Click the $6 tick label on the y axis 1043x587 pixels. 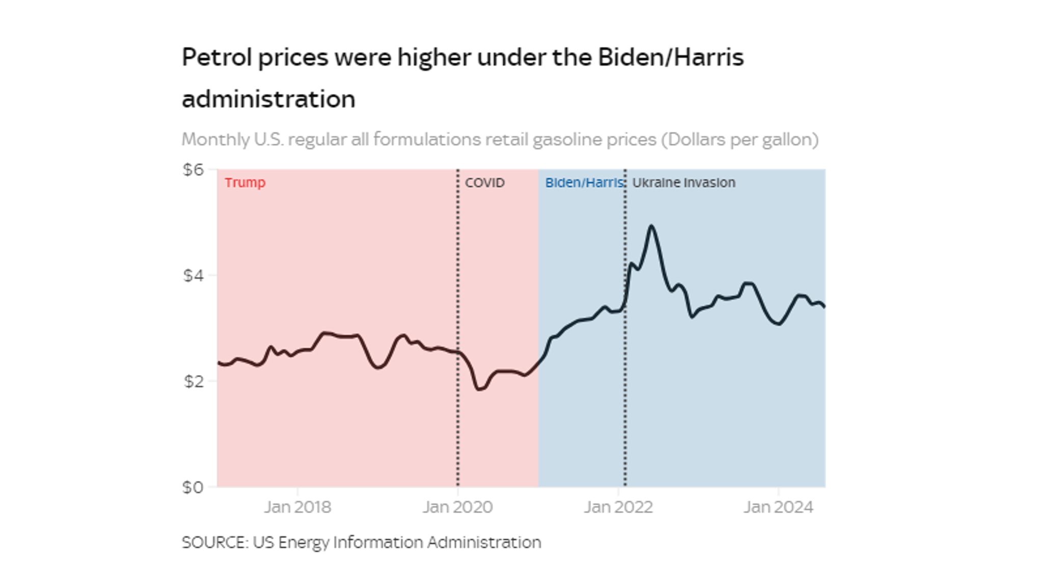pyautogui.click(x=193, y=170)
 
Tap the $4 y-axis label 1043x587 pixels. pyautogui.click(x=193, y=276)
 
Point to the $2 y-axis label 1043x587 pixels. pyautogui.click(x=193, y=381)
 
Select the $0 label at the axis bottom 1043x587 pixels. pyautogui.click(x=193, y=487)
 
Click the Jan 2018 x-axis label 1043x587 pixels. pyautogui.click(x=297, y=507)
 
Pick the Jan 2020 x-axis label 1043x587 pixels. pyautogui.click(x=457, y=507)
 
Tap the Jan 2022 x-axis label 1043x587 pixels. pyautogui.click(x=618, y=507)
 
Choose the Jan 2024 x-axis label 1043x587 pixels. pyautogui.click(x=778, y=507)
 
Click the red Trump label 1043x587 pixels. pyautogui.click(x=245, y=182)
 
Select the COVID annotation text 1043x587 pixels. pyautogui.click(x=484, y=182)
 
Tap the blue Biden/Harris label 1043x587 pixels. pyautogui.click(x=584, y=182)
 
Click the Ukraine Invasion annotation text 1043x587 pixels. pyautogui.click(x=683, y=182)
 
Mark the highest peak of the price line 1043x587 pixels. pyautogui.click(x=651, y=226)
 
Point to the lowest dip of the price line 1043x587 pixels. pyautogui.click(x=479, y=390)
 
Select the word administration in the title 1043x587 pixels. pyautogui.click(x=268, y=99)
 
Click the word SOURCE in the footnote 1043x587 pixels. pyautogui.click(x=214, y=542)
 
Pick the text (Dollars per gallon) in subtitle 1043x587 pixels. pyautogui.click(x=739, y=139)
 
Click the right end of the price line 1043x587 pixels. pyautogui.click(x=825, y=307)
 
